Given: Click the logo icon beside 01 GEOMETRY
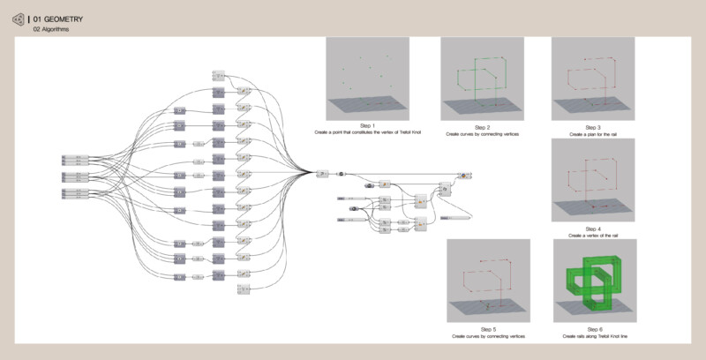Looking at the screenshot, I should coord(19,19).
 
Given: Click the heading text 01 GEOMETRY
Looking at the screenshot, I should coord(58,18).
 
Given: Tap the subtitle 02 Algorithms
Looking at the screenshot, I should coord(51,29).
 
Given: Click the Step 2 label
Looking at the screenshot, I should coord(482,127).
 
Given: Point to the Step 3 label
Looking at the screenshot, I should coord(593,127).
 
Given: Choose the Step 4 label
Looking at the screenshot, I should coord(593,228).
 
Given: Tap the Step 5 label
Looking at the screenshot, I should coord(482,329).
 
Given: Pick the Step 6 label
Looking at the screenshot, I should coord(593,329).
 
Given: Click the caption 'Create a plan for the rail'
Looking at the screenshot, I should coord(593,133).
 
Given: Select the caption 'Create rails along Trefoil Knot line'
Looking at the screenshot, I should coord(593,336).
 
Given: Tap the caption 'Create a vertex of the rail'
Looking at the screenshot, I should coord(593,235).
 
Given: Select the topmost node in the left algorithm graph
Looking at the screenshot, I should coord(220,76).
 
